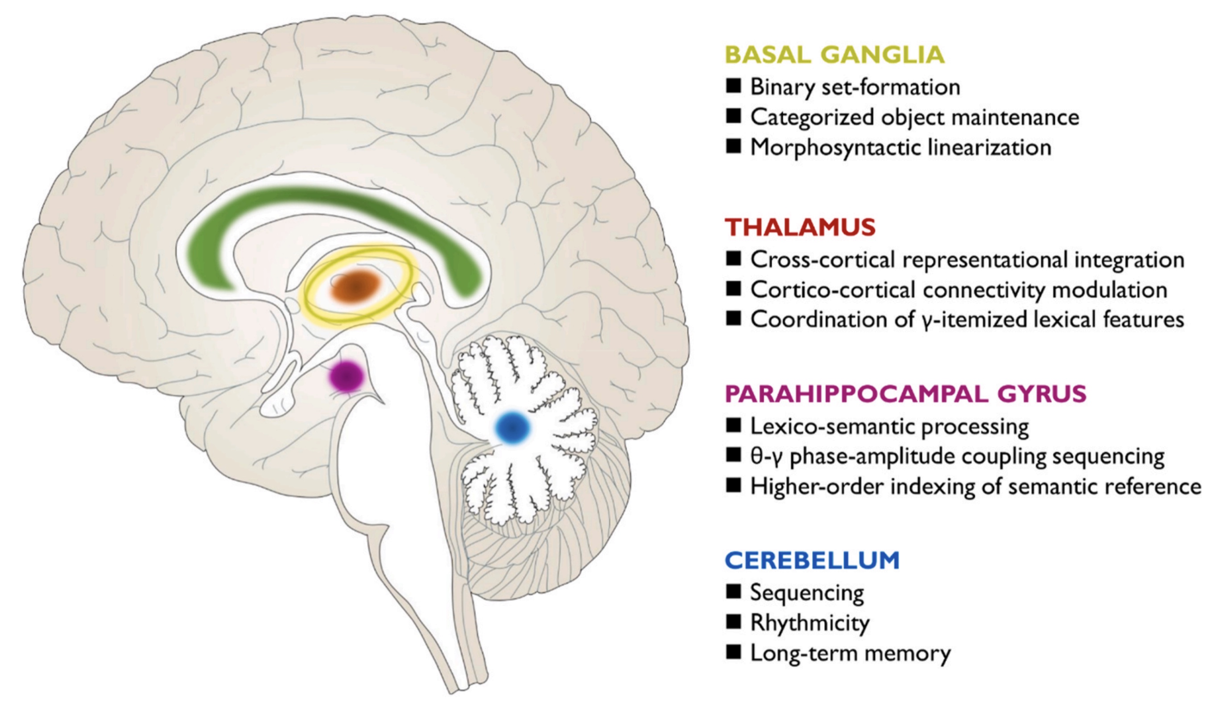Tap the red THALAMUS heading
(800, 227)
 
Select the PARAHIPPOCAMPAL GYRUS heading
(905, 394)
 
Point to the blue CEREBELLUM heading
(812, 561)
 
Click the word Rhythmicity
(810, 623)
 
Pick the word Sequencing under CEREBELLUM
(807, 593)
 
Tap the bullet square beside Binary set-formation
(734, 87)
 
